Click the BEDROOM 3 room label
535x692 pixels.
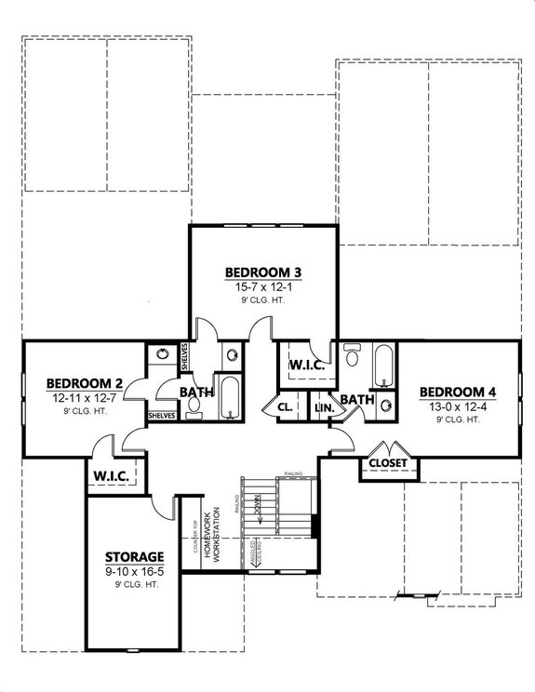[x=263, y=273]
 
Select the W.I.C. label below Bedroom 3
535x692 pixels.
[x=306, y=366]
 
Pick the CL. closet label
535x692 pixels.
[x=286, y=407]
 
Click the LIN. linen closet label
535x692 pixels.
[x=324, y=407]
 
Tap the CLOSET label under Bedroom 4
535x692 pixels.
[x=386, y=462]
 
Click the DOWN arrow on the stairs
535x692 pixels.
[x=261, y=511]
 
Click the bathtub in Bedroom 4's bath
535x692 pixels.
[x=383, y=366]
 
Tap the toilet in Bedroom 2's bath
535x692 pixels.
[x=194, y=410]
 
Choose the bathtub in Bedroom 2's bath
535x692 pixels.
[x=229, y=398]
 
